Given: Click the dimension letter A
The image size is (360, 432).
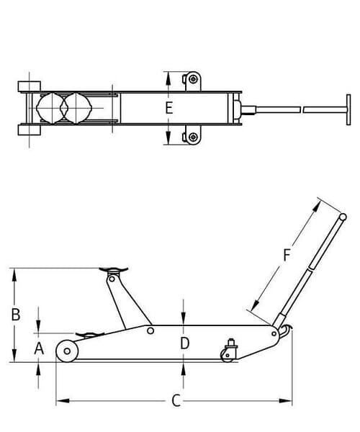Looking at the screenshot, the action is pos(39,348).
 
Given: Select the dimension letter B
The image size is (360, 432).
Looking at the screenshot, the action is pos(16,315).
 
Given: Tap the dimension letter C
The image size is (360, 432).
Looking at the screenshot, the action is pos(176,400).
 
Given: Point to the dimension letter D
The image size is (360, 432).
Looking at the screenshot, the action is pos(184,343).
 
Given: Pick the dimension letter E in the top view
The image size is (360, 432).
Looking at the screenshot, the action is pos(169,107).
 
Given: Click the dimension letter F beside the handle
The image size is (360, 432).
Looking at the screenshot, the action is pos(287,255).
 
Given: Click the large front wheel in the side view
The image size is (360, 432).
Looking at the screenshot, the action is pos(67,351).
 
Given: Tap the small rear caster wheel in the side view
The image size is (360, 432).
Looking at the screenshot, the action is pos(227,355).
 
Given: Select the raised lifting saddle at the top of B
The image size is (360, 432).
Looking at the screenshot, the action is pos(114,269).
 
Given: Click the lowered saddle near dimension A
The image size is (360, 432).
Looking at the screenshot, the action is pos(90,335).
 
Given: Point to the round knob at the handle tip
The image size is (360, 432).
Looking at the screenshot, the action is pos(343,217).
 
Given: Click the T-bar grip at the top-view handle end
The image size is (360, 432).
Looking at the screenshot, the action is pos(348,109).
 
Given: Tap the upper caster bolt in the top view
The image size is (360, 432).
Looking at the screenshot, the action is pos(194,79).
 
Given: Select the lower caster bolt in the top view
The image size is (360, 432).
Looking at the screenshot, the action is pos(194,137).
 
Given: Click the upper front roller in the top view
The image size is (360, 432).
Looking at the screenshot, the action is pos(30,86).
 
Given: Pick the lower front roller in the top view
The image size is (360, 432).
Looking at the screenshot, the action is pos(30,130).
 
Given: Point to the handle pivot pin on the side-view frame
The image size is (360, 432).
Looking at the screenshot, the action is pos(274,334).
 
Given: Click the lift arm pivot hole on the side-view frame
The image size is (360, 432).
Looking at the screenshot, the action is pos(150,330).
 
